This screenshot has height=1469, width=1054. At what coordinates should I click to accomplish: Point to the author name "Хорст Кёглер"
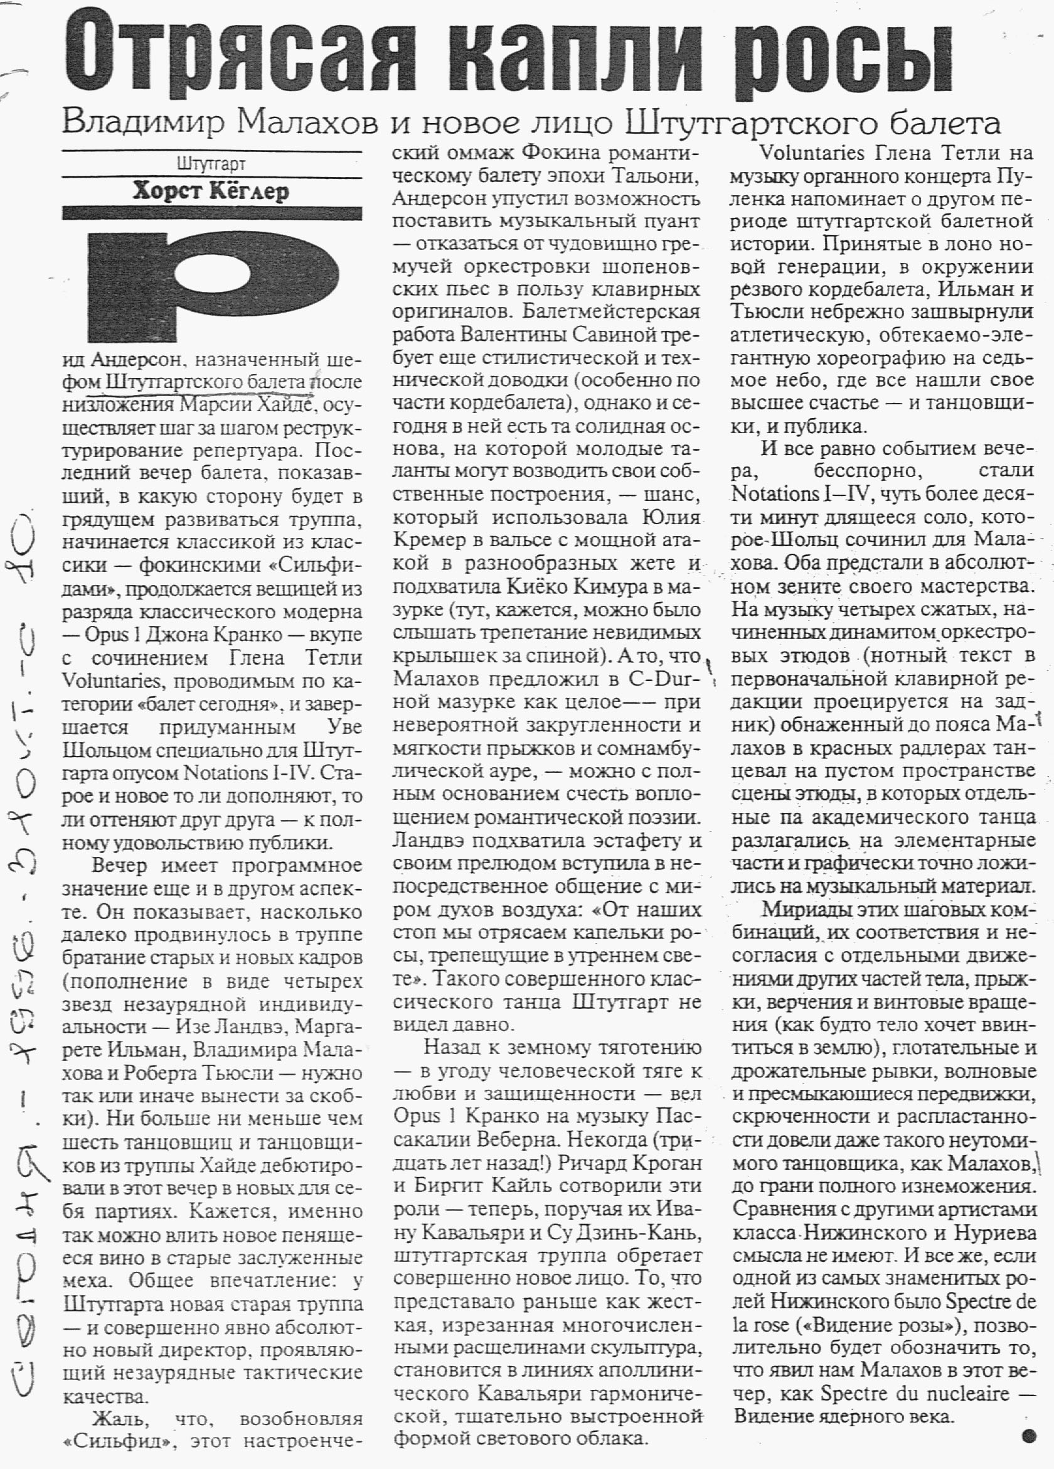tap(211, 191)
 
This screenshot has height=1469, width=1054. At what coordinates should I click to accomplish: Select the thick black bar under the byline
tap(211, 213)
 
